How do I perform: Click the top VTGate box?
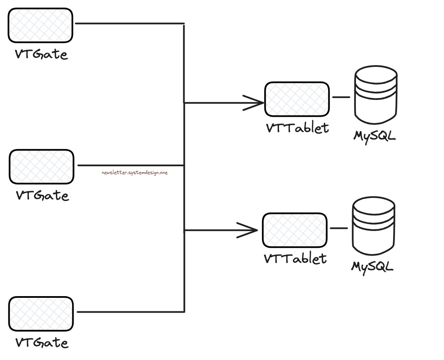[41, 25]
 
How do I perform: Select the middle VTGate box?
[41, 166]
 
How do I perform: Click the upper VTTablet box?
[297, 99]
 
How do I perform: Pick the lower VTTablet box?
[295, 230]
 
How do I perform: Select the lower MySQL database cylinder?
[373, 226]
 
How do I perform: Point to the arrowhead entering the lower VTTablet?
[250, 230]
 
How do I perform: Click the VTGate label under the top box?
[41, 55]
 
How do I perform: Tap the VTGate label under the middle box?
[42, 195]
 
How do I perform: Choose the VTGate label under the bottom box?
[41, 342]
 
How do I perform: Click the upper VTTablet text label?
[297, 128]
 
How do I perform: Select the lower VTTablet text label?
[295, 258]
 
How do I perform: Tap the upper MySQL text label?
[375, 136]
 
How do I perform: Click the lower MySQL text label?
[372, 267]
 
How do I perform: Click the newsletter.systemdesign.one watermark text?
[135, 173]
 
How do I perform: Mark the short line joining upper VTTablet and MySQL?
[341, 97]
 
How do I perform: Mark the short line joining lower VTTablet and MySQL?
[339, 228]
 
